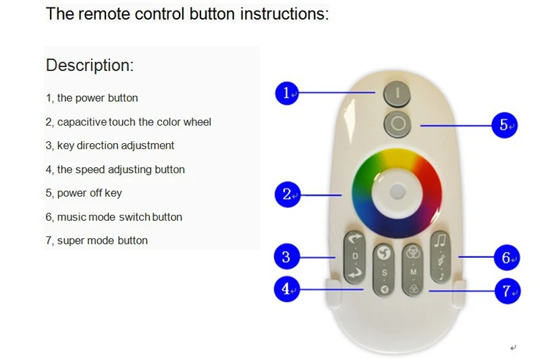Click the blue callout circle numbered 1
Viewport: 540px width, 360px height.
click(288, 93)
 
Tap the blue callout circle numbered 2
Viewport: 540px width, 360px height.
click(288, 195)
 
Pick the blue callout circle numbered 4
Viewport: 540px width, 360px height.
click(287, 289)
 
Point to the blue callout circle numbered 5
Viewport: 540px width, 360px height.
click(504, 125)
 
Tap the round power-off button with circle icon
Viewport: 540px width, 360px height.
click(397, 124)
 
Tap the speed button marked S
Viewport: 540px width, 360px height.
click(383, 269)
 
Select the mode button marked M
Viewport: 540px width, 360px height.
click(412, 269)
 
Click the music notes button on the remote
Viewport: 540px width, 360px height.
click(441, 257)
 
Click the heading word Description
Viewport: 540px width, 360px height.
click(90, 66)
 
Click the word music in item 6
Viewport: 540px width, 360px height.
click(71, 217)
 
